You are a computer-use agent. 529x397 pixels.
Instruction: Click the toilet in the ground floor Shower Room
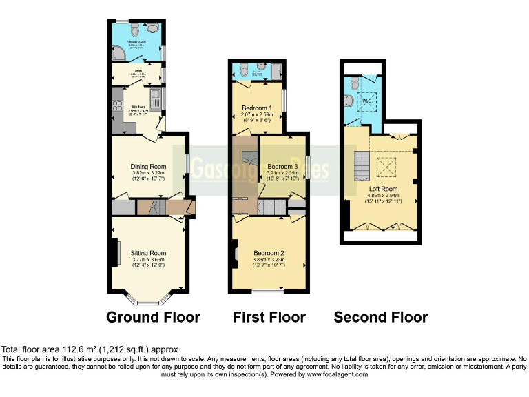click(133, 30)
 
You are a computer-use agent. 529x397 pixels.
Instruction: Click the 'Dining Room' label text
click(149, 166)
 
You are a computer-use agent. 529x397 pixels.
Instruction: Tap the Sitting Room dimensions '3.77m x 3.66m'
click(149, 260)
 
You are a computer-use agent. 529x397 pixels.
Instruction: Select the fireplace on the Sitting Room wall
click(113, 254)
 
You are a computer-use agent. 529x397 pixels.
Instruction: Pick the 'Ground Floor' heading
click(153, 317)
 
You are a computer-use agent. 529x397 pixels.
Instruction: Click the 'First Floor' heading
click(269, 317)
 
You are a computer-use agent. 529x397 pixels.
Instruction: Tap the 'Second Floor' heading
click(380, 317)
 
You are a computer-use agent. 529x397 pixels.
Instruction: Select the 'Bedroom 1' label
click(256, 108)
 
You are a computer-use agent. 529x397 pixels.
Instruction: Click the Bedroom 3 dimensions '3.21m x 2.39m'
click(282, 174)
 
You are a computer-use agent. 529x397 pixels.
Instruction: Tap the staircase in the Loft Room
click(362, 166)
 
